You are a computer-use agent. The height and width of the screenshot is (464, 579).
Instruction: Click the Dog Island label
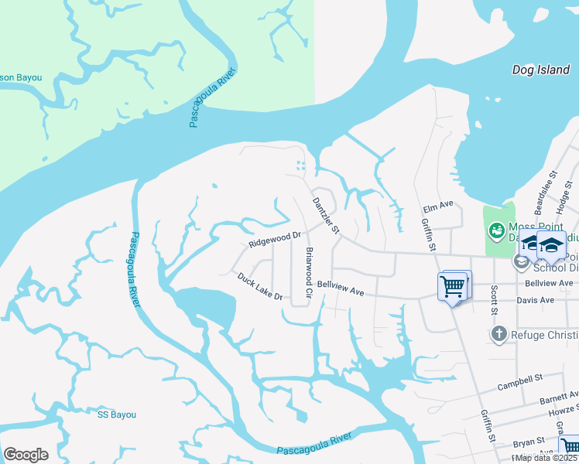tap(541, 70)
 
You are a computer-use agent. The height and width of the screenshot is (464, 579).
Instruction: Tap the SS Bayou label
tap(117, 415)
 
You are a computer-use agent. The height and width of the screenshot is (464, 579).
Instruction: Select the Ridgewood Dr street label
tap(274, 239)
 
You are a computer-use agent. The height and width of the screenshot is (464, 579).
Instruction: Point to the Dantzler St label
tap(326, 215)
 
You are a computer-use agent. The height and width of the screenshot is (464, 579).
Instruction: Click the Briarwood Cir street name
tap(309, 273)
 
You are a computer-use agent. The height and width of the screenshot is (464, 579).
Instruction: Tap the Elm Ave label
tap(437, 206)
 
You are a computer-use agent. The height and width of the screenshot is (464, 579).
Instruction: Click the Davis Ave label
tap(536, 300)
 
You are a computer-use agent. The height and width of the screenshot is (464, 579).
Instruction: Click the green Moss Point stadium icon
tap(495, 230)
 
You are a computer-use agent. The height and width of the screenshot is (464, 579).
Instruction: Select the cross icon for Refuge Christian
tap(499, 334)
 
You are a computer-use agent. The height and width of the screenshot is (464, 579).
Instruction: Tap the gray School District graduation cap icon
tap(521, 261)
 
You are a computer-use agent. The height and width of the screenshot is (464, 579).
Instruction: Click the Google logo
tap(26, 455)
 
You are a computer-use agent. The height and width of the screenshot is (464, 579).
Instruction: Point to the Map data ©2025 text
tap(546, 458)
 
